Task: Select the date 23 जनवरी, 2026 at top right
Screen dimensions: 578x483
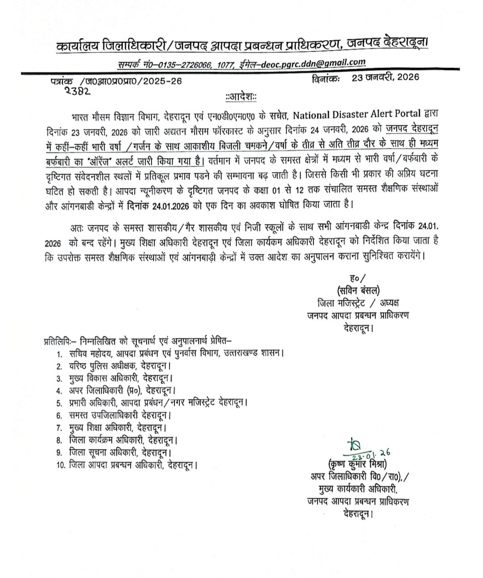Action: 386,77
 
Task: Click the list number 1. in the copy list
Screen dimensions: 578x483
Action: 59,353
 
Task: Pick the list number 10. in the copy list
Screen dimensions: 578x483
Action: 62,465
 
